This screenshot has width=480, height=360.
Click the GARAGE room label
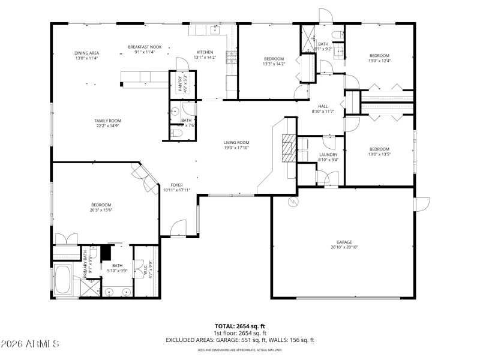point(344,242)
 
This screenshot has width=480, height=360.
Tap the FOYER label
point(176,185)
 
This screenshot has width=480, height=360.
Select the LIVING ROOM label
point(236,142)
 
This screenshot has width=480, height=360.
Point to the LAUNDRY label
point(328,155)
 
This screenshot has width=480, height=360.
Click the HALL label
point(322,106)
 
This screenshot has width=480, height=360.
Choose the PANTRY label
point(179,83)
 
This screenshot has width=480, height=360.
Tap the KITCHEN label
point(205,52)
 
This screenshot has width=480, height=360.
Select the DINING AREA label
point(86,53)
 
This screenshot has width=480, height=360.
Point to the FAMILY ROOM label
point(107,121)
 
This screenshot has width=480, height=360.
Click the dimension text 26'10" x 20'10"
point(344,247)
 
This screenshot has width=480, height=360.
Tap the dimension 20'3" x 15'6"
point(101,210)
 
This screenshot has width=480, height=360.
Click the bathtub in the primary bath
point(62,280)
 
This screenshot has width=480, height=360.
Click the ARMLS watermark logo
point(30,344)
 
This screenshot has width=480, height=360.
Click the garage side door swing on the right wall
point(422,203)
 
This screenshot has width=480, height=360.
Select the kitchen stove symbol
point(230,57)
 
